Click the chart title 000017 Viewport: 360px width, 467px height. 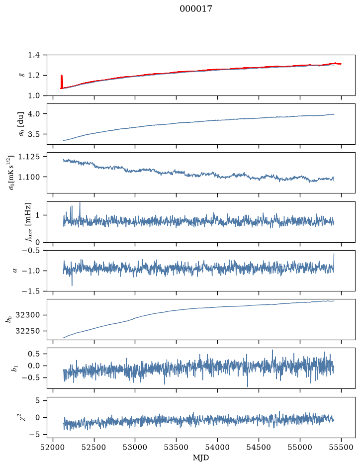pos(196,9)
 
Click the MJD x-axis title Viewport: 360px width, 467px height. pos(201,458)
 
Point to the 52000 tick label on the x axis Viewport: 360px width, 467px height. pos(53,447)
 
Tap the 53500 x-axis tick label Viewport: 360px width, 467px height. pos(177,447)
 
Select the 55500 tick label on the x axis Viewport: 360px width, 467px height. pos(341,447)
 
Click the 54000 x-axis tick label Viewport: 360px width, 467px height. pos(217,447)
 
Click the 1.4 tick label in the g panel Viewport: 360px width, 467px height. pos(34,55)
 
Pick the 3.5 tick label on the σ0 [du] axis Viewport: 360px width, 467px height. pos(34,134)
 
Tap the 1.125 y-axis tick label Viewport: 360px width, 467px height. pos(29,157)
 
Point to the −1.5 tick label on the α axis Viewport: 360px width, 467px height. pos(31,291)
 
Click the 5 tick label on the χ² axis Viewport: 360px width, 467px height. pos(37,400)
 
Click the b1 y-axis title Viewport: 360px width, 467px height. pos(14,368)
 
